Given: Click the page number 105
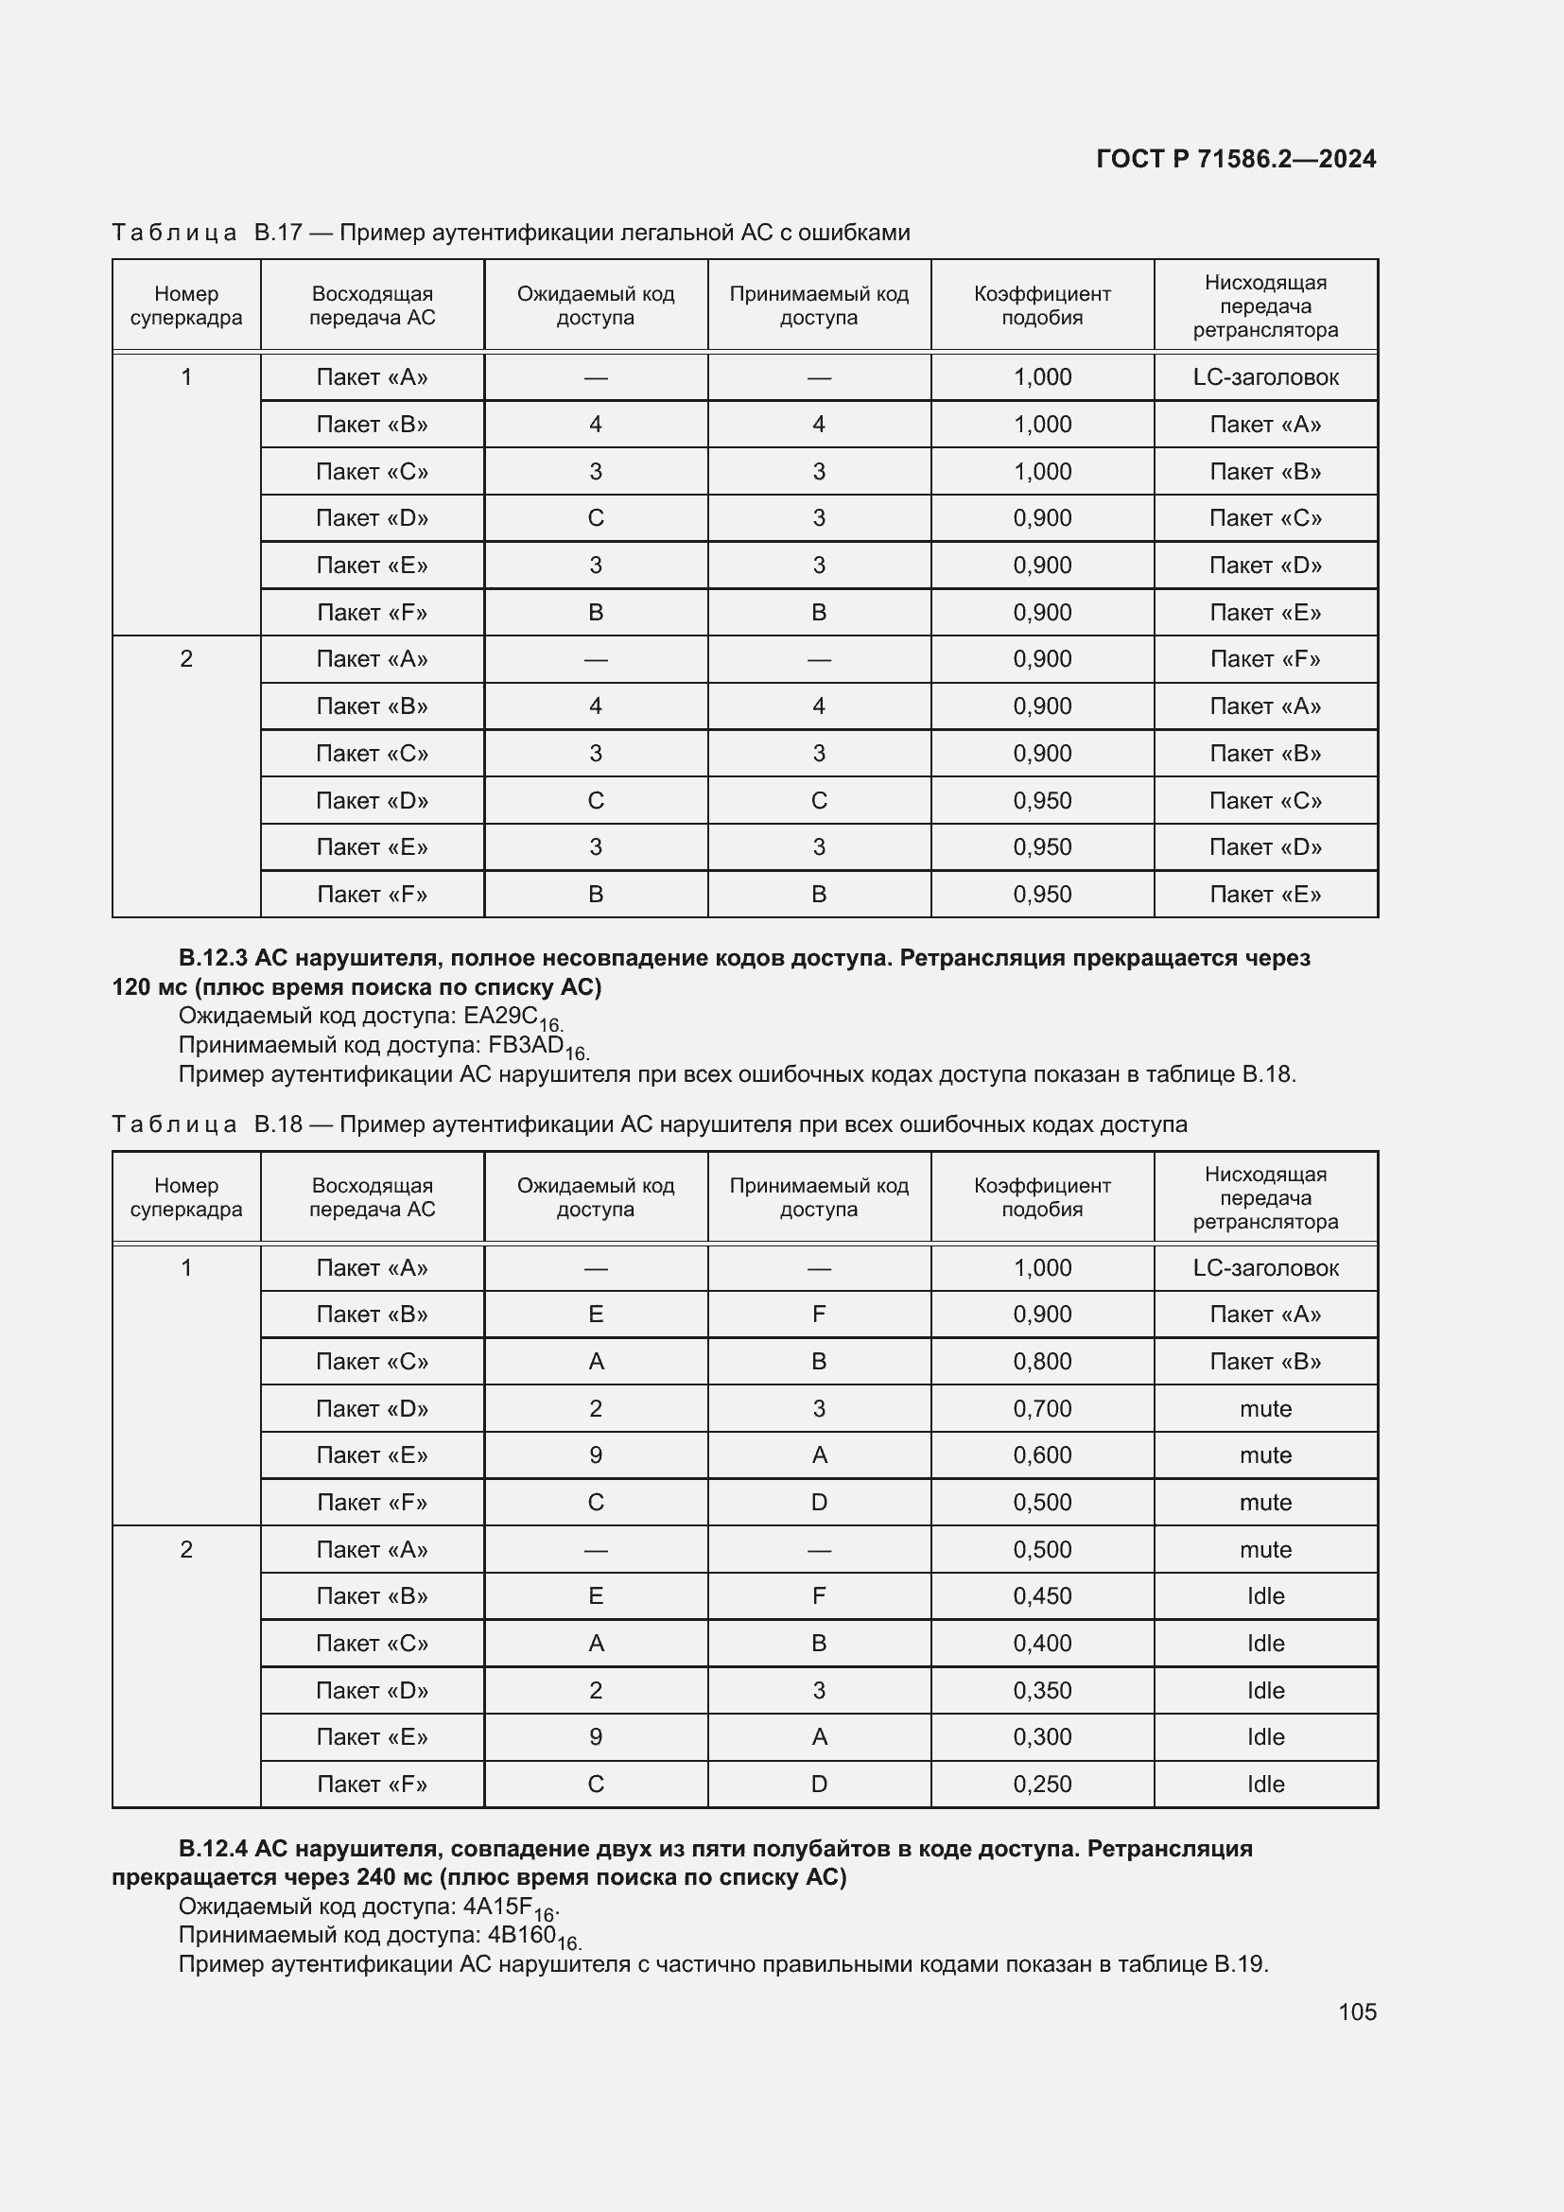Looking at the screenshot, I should tap(1356, 2012).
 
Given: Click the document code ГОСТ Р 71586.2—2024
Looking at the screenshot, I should tap(1236, 159).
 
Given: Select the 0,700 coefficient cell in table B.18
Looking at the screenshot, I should tap(1042, 1408).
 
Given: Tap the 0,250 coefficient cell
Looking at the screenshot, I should tap(1042, 1785).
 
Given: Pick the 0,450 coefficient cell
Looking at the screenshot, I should tap(1042, 1596).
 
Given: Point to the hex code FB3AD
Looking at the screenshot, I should tap(526, 1044).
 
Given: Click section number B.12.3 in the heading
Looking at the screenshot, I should tap(213, 958).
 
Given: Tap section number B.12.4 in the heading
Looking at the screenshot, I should tap(213, 1848).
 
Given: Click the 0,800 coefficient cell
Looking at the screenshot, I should tap(1042, 1361).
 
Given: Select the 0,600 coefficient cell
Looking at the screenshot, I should tap(1042, 1454).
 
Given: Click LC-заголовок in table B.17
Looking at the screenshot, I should tap(1265, 376).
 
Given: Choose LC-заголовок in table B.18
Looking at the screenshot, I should tap(1265, 1268).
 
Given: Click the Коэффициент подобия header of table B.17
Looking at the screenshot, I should tap(1042, 305).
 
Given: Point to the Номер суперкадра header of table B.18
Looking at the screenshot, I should tap(186, 1197).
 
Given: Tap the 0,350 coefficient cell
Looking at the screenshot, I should tap(1042, 1691).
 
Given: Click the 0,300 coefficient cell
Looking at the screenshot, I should tap(1042, 1737).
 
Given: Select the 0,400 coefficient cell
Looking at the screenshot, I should tap(1042, 1644).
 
